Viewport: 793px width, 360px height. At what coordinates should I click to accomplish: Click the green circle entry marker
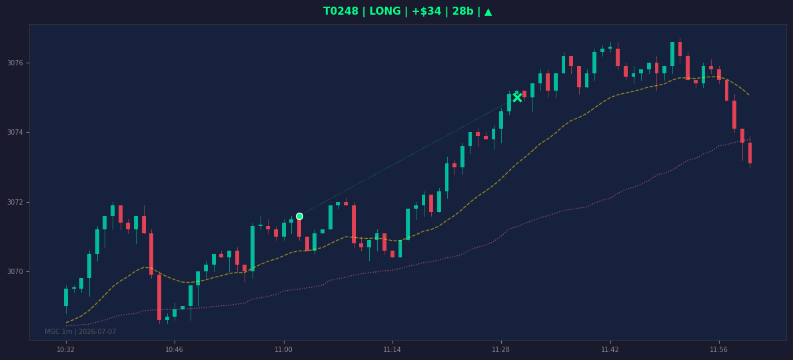(x=299, y=217)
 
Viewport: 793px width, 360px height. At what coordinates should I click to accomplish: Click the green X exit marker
(x=517, y=97)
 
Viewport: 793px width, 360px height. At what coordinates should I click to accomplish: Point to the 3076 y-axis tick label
(x=15, y=63)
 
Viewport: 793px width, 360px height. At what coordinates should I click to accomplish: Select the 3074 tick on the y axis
(x=15, y=133)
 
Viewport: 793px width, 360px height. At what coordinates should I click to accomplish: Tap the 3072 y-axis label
(x=15, y=202)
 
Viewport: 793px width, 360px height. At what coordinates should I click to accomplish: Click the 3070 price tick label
(x=15, y=271)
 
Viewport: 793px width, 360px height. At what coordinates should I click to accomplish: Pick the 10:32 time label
(x=66, y=349)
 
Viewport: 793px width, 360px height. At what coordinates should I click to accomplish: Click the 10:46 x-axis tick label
(x=175, y=349)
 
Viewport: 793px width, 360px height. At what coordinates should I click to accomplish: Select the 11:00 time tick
(x=283, y=349)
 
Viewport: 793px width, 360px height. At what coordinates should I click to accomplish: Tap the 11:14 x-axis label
(x=392, y=349)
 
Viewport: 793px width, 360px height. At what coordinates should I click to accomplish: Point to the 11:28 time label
(x=501, y=349)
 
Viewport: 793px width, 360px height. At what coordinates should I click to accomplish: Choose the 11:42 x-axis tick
(x=610, y=349)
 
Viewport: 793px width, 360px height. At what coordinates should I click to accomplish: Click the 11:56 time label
(x=718, y=349)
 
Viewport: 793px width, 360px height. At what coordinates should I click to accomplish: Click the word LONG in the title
(x=385, y=11)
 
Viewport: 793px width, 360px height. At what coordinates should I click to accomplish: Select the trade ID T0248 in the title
(x=341, y=11)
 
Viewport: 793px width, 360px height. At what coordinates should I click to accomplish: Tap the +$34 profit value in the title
(x=427, y=11)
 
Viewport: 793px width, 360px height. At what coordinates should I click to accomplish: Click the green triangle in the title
(x=488, y=11)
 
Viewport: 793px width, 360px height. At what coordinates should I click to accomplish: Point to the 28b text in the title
(x=462, y=11)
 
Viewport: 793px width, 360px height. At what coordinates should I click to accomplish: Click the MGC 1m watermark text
(x=59, y=332)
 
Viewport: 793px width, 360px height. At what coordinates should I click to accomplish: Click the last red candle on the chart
(x=750, y=152)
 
